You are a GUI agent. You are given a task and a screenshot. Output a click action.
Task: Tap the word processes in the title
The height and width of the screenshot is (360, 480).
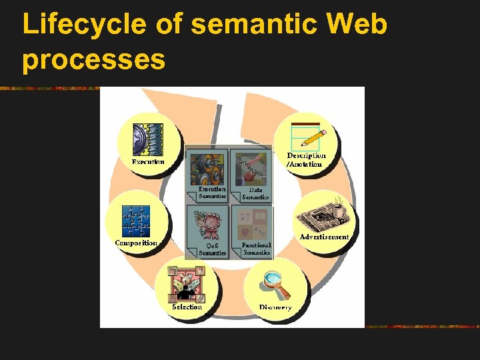pyautogui.click(x=93, y=59)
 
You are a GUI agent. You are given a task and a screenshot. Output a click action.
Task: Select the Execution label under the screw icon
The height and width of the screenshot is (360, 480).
pyautogui.click(x=148, y=162)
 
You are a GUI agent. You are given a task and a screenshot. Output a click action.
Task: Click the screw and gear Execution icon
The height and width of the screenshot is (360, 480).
pyautogui.click(x=148, y=139)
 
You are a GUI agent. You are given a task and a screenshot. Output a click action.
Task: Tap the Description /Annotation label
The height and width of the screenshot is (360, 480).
pyautogui.click(x=306, y=160)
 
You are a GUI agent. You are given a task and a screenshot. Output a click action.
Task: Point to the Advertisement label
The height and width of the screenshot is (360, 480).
pyautogui.click(x=325, y=237)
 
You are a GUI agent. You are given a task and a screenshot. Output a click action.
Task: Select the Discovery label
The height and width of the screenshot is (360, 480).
pyautogui.click(x=275, y=307)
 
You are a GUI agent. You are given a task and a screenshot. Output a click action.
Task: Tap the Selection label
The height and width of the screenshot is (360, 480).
pyautogui.click(x=187, y=307)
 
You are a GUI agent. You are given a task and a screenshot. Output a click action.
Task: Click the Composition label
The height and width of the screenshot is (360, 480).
pyautogui.click(x=136, y=243)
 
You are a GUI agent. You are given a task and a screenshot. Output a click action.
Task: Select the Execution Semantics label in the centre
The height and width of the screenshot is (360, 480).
pyautogui.click(x=213, y=193)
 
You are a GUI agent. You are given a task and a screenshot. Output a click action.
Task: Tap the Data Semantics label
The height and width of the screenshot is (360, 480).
pyautogui.click(x=255, y=193)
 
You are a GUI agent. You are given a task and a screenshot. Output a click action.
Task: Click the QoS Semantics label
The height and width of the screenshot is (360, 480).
pyautogui.click(x=213, y=249)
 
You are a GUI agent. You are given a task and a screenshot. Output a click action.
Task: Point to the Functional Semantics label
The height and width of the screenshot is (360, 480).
pyautogui.click(x=256, y=249)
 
